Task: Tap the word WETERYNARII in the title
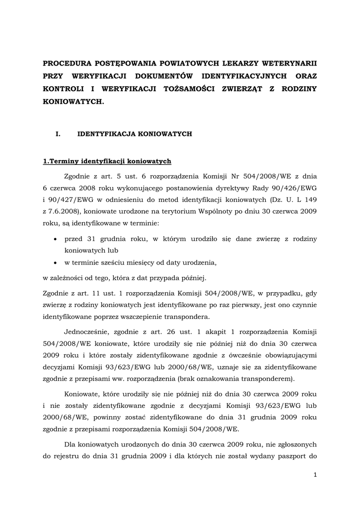coord(289,63)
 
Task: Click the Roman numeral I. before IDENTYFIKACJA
coord(58,134)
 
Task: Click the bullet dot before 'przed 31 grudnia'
coord(54,239)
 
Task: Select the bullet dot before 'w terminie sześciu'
coord(54,262)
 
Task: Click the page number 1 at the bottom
coord(315,475)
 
